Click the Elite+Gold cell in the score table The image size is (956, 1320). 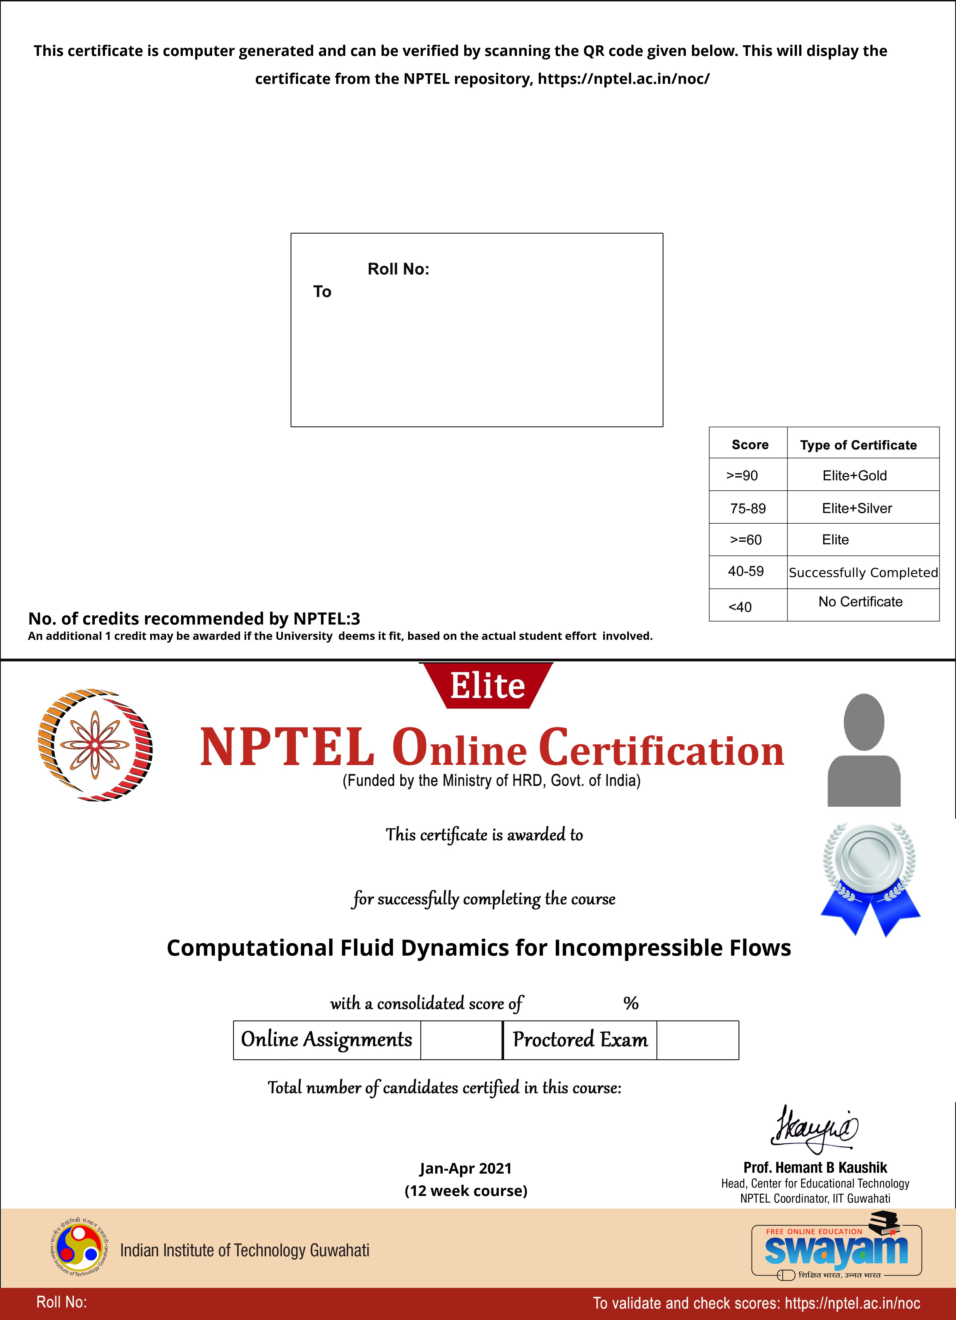click(x=854, y=476)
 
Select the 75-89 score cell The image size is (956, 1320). click(x=748, y=508)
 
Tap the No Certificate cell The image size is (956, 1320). click(x=860, y=602)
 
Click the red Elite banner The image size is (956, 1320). click(x=487, y=686)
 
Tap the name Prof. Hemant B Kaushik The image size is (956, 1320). click(x=815, y=1167)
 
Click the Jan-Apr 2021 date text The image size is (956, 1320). click(x=465, y=1168)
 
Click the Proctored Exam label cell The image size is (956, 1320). click(x=580, y=1039)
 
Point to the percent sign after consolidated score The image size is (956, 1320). click(x=631, y=1003)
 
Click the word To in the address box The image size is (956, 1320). click(x=322, y=292)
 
